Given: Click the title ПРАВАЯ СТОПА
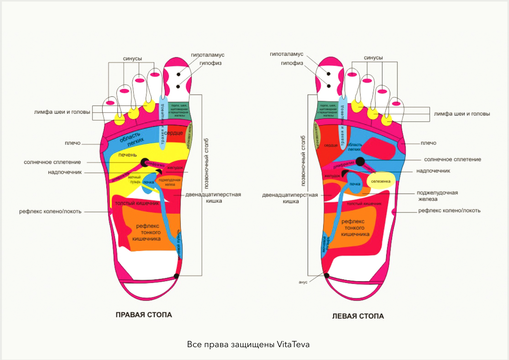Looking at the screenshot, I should [144, 315].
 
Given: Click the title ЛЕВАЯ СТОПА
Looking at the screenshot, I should [358, 316].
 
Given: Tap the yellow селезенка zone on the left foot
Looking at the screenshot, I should [381, 181].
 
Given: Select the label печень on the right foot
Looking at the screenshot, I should [127, 155].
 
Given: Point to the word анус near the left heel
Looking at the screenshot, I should [303, 282].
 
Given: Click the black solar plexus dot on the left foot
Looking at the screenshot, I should [360, 161].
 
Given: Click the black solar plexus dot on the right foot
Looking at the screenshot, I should [145, 162].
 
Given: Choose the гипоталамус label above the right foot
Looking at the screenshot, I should [208, 55].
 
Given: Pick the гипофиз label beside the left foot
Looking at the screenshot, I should [292, 63].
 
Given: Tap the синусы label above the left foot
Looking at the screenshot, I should [373, 58].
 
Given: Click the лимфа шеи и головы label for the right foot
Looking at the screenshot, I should [62, 112].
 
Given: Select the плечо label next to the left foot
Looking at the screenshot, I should [428, 143].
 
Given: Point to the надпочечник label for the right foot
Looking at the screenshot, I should [65, 172].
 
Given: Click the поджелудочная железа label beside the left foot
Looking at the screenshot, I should [437, 196].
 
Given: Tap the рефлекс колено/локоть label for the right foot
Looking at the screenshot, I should [50, 212].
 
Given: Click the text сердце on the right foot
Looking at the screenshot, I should [173, 133].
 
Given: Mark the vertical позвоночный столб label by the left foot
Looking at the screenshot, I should [303, 161].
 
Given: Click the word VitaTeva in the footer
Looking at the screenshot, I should [293, 345].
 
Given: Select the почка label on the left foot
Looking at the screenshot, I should [355, 184].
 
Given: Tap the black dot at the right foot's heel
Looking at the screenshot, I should [176, 276].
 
